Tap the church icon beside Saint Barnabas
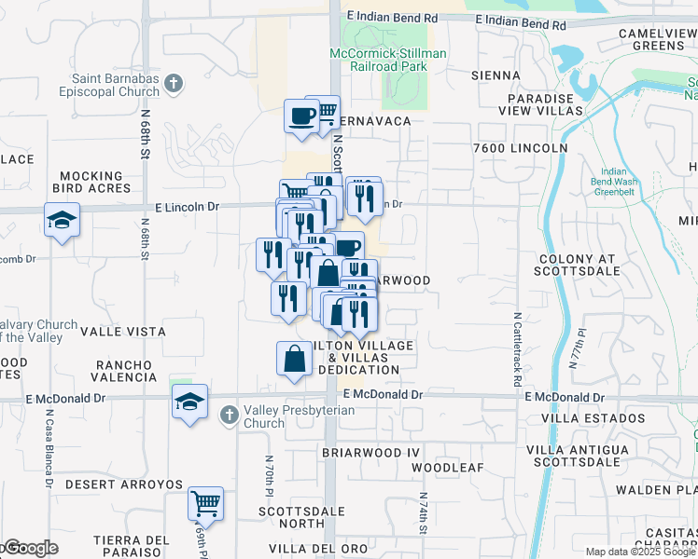(x=173, y=85)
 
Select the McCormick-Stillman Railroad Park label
(x=388, y=61)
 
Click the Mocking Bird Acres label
(x=91, y=182)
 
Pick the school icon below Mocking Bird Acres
(x=62, y=221)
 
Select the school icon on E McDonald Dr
(x=190, y=402)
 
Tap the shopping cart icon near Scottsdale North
(x=205, y=504)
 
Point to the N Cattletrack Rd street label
(x=516, y=349)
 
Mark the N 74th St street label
(x=422, y=511)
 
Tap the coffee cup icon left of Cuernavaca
(x=302, y=116)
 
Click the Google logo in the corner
(x=30, y=549)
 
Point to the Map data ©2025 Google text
(x=639, y=552)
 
